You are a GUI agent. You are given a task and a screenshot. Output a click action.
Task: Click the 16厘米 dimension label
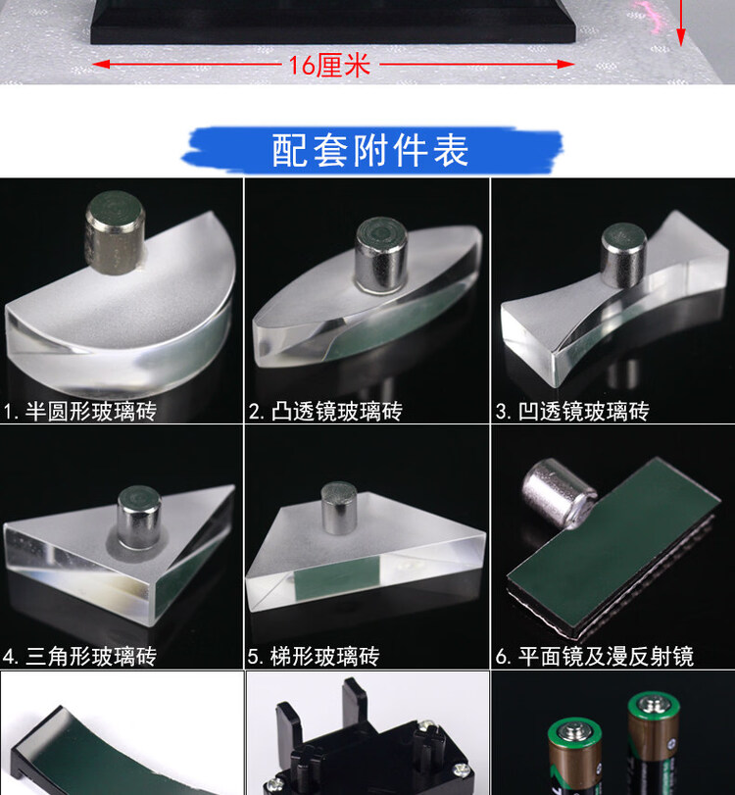coord(329,66)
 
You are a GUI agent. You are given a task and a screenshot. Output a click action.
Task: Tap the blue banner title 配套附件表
coord(370,151)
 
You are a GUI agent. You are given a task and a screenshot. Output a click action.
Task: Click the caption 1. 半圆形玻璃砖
coord(79,411)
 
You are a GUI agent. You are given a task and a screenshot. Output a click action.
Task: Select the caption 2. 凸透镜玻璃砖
coord(325,411)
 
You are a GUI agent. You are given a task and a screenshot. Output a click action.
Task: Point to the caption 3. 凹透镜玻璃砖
coord(572,411)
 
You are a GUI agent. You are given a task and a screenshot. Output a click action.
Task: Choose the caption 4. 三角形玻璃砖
coord(79,656)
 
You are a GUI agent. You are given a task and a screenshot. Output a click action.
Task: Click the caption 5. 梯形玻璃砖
coord(314,656)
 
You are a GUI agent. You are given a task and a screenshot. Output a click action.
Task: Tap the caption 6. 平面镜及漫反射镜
coord(595,656)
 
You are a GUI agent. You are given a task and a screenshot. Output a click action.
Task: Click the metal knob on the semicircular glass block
coord(115,232)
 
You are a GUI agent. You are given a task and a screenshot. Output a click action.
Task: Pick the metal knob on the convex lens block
coord(381,256)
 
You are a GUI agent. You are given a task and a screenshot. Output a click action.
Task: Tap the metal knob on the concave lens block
coord(623,255)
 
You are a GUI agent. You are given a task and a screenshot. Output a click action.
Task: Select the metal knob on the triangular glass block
coord(139,518)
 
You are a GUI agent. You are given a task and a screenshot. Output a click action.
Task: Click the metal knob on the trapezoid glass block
coord(339,508)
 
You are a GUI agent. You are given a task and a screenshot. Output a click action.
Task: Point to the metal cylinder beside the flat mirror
coord(559,492)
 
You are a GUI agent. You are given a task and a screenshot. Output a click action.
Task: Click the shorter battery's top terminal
coord(574,731)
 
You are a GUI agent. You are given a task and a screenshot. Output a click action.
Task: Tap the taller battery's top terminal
coord(654,703)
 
